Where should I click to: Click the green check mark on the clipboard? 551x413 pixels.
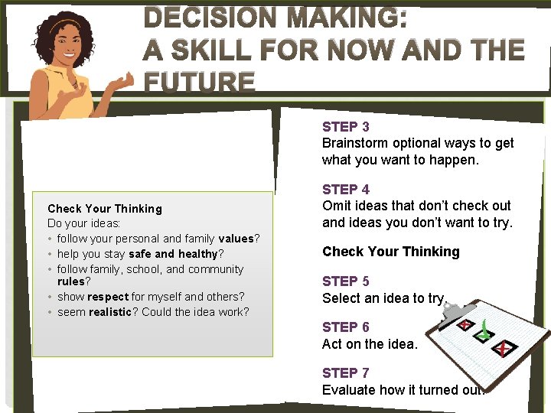tap(484, 330)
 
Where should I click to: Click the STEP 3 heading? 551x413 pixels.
tap(346, 127)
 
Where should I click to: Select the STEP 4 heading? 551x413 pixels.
tap(346, 190)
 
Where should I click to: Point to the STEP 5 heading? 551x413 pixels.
tap(346, 281)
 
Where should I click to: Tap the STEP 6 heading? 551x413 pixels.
tap(346, 327)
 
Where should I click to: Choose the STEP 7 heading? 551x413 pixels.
tap(346, 373)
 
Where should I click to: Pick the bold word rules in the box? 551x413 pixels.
tap(71, 281)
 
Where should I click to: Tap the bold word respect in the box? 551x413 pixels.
tap(108, 297)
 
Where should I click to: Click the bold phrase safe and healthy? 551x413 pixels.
tap(173, 254)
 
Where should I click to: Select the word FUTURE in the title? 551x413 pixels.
tap(199, 82)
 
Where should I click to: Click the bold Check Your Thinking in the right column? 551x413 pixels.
tap(391, 252)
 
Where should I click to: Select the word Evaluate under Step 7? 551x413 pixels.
tap(349, 389)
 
